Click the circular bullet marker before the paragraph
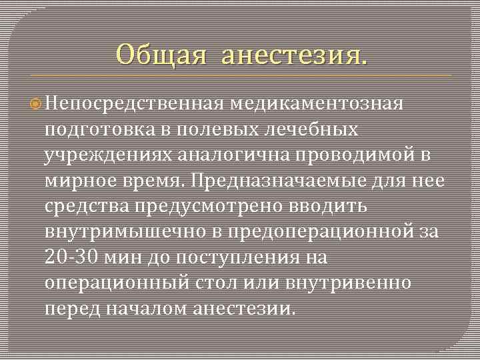point(36,103)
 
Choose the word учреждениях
point(108,155)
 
